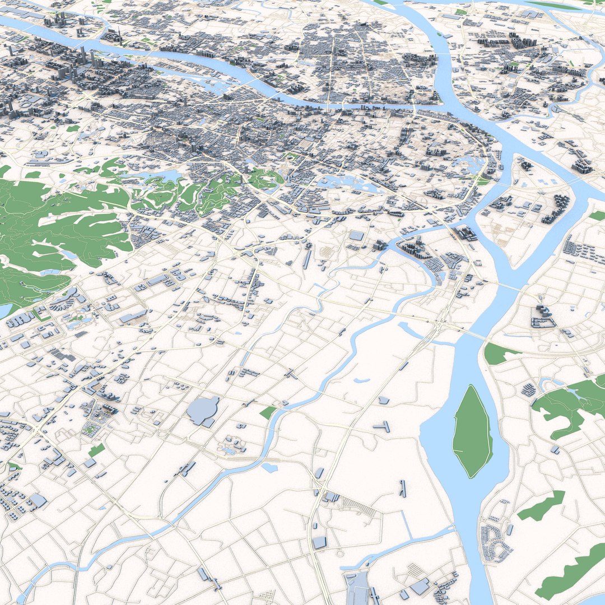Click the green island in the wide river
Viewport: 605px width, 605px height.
coord(472,431)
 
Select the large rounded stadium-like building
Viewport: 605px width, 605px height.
coord(203,410)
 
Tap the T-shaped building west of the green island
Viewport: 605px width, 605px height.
coord(383,427)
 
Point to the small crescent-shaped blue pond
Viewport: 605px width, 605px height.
coord(361,381)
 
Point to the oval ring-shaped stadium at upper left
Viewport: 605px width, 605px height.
coord(26,104)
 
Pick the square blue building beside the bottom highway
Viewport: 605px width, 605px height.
coord(319,542)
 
